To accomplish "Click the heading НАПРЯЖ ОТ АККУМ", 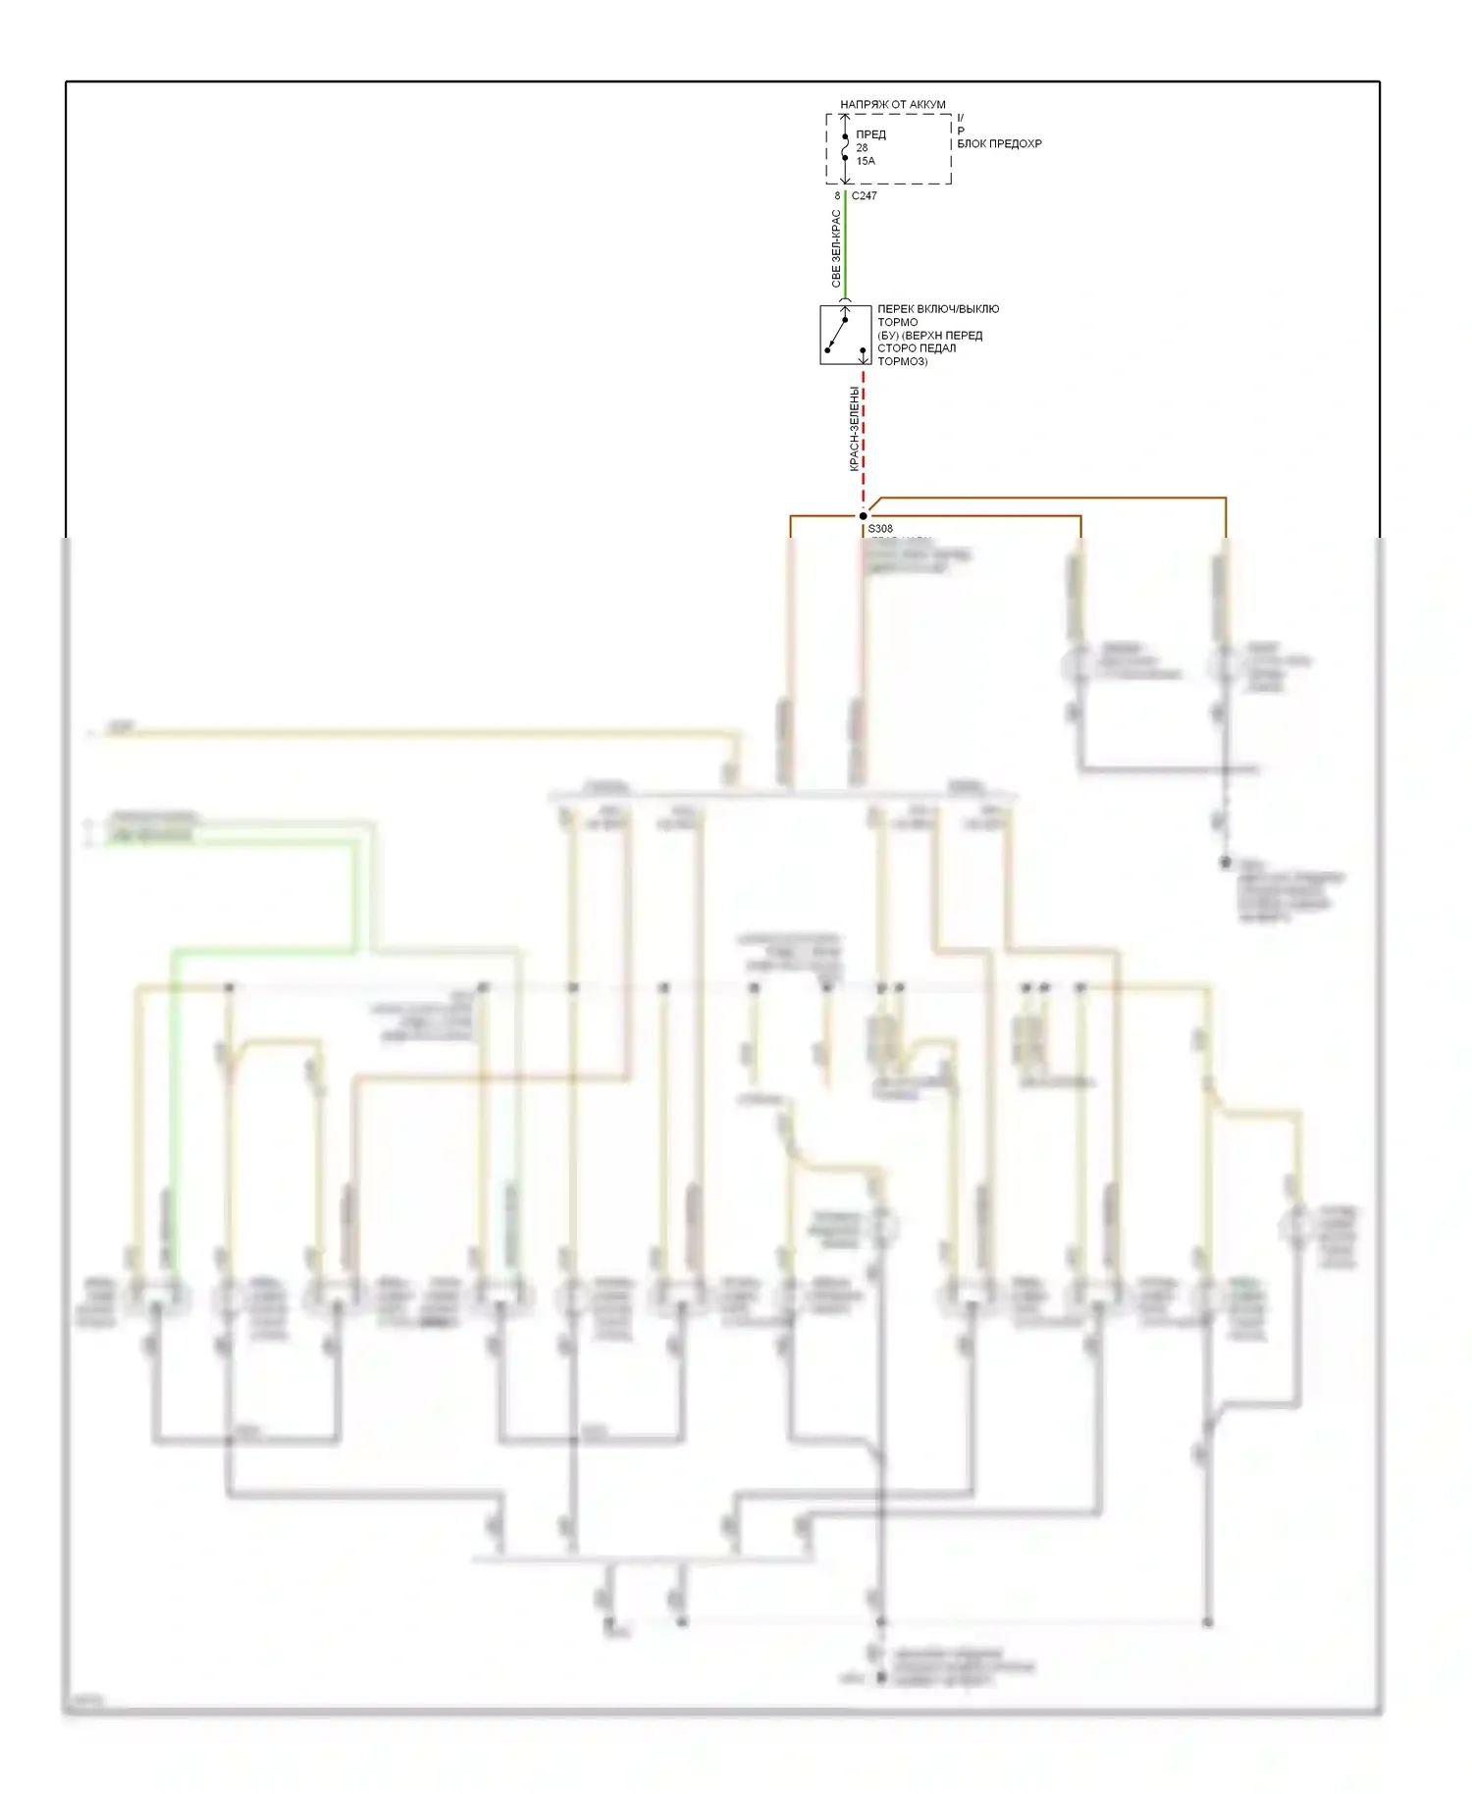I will pyautogui.click(x=892, y=104).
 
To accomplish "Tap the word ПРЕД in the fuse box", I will pyautogui.click(x=870, y=134).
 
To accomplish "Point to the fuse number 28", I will pyautogui.click(x=862, y=148).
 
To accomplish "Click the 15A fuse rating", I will pyautogui.click(x=866, y=161).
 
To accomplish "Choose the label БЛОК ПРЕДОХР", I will pyautogui.click(x=999, y=143).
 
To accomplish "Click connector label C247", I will pyautogui.click(x=865, y=196).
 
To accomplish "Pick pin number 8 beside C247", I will pyautogui.click(x=837, y=196).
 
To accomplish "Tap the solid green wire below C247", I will pyautogui.click(x=846, y=245).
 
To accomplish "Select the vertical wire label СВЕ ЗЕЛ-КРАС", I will pyautogui.click(x=835, y=249).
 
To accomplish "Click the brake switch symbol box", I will pyautogui.click(x=845, y=335).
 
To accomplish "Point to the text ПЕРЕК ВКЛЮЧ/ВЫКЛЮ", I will pyautogui.click(x=938, y=309).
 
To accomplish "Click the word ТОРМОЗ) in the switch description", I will pyautogui.click(x=902, y=361).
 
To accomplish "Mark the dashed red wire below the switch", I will pyautogui.click(x=864, y=432).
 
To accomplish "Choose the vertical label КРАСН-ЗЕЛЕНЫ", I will pyautogui.click(x=854, y=429).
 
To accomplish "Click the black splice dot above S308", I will pyautogui.click(x=864, y=516).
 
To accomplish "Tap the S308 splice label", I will pyautogui.click(x=880, y=529).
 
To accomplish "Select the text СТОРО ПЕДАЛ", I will pyautogui.click(x=916, y=348).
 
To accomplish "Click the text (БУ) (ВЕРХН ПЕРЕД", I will pyautogui.click(x=929, y=336).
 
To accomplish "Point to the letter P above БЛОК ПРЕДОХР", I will pyautogui.click(x=961, y=131).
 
